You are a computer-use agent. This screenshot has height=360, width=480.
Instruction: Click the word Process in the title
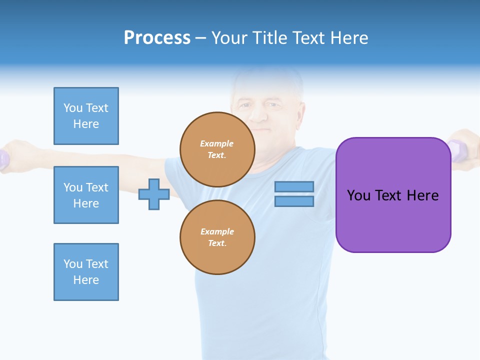tap(157, 38)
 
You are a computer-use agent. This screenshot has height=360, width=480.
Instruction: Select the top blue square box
tap(86, 116)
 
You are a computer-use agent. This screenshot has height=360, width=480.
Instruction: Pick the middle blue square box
tap(86, 195)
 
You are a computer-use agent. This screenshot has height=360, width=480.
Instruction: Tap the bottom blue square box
tap(86, 272)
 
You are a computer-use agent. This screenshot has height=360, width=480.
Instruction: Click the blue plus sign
tap(154, 194)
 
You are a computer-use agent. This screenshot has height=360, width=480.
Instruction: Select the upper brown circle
tap(217, 149)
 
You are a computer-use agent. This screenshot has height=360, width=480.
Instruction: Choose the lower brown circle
tap(217, 237)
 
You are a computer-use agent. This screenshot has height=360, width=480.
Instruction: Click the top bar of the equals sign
tap(294, 186)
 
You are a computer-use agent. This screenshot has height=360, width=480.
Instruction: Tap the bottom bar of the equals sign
tap(294, 201)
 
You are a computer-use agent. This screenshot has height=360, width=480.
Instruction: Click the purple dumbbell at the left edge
tap(4, 159)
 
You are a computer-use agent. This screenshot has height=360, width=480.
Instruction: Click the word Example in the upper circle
tap(217, 143)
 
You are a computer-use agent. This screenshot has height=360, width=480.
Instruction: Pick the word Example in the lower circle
tap(217, 231)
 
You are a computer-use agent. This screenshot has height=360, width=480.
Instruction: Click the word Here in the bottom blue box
tap(86, 280)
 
